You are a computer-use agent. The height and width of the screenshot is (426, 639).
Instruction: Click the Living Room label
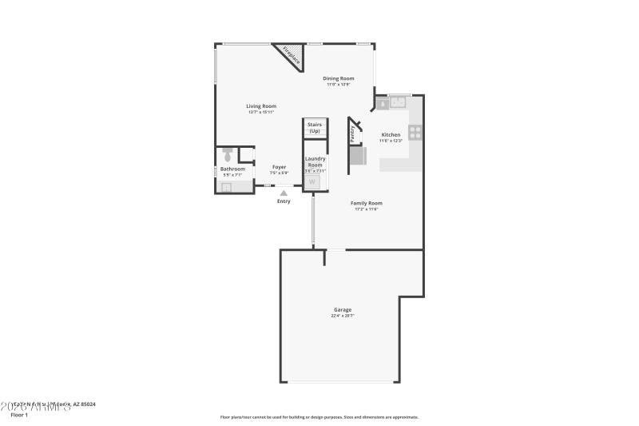point(261,106)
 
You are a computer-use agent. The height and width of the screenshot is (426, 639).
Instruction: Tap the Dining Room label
point(338,78)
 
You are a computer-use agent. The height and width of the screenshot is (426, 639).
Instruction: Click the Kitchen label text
point(391,135)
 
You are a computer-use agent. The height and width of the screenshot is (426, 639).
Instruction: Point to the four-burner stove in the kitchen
point(415,133)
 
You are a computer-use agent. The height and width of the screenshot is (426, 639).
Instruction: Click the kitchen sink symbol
point(397,103)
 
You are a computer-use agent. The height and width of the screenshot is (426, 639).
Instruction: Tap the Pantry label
point(353,133)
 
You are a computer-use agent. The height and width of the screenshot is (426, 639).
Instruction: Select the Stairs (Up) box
point(315,128)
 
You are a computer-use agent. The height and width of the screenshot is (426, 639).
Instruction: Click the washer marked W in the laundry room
point(313,182)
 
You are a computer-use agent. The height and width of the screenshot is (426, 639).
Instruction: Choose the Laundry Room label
point(315,161)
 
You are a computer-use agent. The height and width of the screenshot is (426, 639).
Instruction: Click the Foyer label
point(279,167)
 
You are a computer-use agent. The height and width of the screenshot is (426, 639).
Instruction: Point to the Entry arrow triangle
point(284,193)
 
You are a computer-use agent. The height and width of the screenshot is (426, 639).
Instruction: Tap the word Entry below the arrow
point(284,201)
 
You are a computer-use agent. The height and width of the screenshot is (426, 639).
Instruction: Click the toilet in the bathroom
point(227,154)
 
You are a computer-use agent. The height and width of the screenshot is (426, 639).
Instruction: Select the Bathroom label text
point(232,169)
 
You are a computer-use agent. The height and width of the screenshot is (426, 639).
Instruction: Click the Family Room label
point(367,203)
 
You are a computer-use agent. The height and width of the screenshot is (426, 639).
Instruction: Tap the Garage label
point(342,309)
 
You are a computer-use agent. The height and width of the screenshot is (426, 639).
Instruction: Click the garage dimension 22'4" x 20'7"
point(342,316)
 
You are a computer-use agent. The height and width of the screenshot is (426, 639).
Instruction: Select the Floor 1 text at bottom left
point(18,416)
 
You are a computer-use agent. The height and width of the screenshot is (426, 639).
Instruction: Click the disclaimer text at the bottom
point(319,416)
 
